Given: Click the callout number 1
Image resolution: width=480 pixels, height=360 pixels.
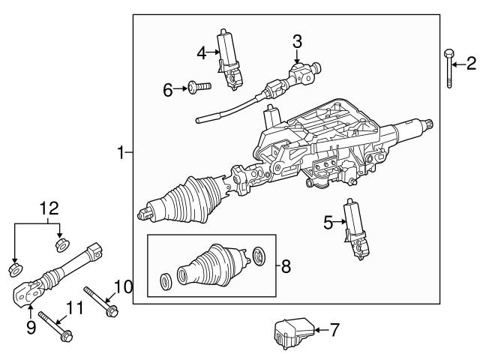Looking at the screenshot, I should [x=120, y=153].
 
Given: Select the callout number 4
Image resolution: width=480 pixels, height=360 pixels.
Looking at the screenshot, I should [x=201, y=52].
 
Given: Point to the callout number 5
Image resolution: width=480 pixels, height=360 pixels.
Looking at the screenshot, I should [x=328, y=221].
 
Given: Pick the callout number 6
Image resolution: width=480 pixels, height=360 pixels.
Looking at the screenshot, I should [x=168, y=90].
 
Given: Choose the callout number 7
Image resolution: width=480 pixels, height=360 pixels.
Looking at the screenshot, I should [x=334, y=328].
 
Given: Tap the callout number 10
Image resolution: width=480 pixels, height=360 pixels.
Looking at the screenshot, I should [x=122, y=286].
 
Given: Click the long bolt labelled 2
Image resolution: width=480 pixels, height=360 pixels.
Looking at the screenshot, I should [x=448, y=67].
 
